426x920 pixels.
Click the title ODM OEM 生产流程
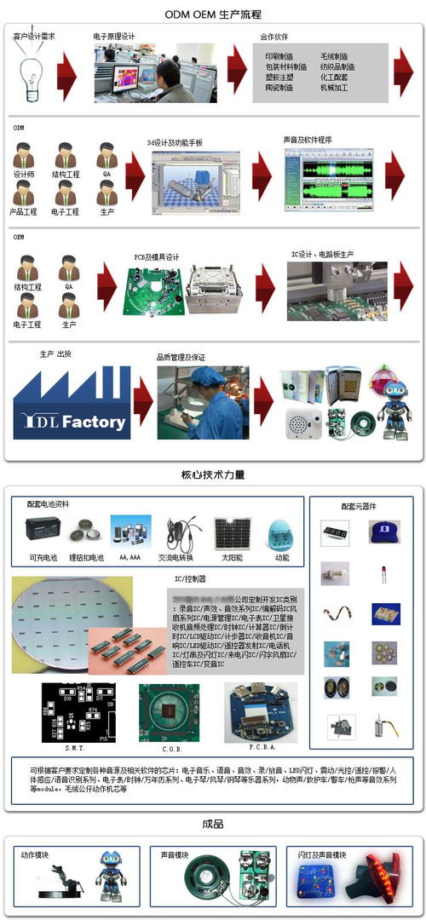pos(213,14)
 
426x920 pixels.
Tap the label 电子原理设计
pos(114,37)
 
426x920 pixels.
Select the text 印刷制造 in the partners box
pos(279,55)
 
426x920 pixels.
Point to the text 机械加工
pos(334,87)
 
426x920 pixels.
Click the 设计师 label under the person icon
pos(24,174)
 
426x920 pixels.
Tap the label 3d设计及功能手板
pos(175,142)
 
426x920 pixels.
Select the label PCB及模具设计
pos(156,256)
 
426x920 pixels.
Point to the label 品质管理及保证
pos(181,357)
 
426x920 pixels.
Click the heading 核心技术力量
pos(213,475)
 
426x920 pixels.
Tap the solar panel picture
pos(232,533)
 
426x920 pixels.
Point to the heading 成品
pos(213,824)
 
